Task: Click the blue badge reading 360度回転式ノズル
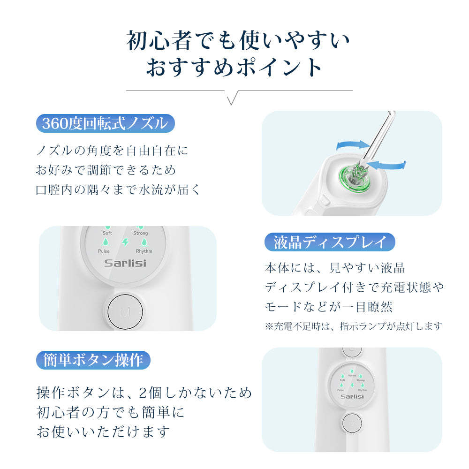(105, 123)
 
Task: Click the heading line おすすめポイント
(234, 67)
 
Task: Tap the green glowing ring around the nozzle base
(356, 178)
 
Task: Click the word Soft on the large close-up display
(107, 233)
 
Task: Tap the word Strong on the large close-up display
(140, 233)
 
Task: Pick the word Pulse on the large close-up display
(104, 251)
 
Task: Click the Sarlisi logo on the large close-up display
(125, 263)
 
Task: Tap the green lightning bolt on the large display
(125, 242)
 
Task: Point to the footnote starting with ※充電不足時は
(353, 325)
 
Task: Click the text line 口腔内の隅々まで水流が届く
(118, 189)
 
